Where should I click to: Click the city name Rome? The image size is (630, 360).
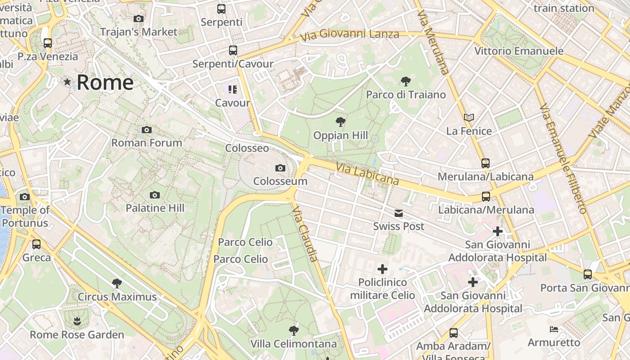click(x=105, y=82)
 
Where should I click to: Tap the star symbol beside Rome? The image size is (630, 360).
click(x=67, y=82)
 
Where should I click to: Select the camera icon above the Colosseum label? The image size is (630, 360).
click(x=280, y=168)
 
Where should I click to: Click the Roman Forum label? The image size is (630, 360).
click(x=147, y=143)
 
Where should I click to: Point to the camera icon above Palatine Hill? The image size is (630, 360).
click(x=155, y=195)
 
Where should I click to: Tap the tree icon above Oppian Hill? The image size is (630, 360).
click(x=341, y=121)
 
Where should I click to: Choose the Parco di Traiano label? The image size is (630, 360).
click(x=405, y=94)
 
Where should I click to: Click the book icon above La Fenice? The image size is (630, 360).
click(x=469, y=118)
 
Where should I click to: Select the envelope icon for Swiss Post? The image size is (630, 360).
click(x=399, y=213)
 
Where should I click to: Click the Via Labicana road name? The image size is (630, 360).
click(x=367, y=174)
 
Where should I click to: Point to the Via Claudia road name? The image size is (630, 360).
click(x=305, y=234)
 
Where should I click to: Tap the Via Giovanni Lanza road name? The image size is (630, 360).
click(x=350, y=34)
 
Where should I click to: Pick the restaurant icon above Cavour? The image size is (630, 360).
click(x=232, y=90)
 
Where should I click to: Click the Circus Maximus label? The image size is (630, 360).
click(x=117, y=297)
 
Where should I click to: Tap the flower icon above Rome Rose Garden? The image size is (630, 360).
click(x=77, y=321)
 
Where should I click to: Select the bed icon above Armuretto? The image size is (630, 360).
click(x=554, y=329)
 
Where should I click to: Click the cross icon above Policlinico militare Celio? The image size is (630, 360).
click(x=382, y=269)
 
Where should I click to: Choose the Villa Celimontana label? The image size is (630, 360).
click(x=293, y=344)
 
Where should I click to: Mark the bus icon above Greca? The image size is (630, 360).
click(x=36, y=244)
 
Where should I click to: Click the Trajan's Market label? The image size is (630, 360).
click(x=139, y=32)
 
